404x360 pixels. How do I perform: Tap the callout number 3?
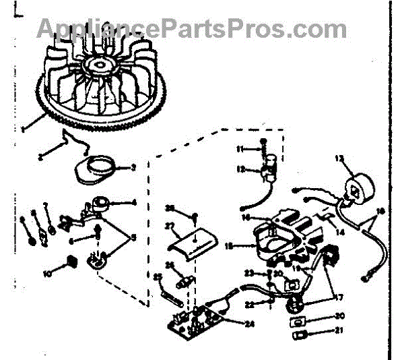pos(133,167)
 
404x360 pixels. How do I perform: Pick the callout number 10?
pos(47,274)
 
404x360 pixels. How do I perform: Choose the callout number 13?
pos(339,159)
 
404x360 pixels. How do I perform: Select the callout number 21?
pos(339,330)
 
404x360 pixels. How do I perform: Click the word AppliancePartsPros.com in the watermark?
pos(191,28)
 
